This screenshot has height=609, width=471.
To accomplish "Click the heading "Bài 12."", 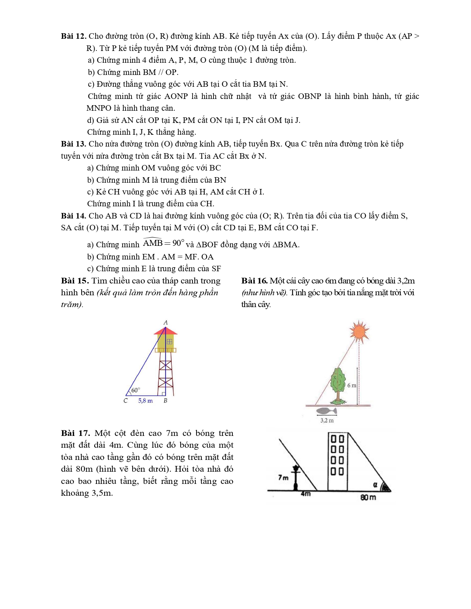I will pos(74,36).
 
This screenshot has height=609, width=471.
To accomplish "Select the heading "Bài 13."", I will pos(74,144).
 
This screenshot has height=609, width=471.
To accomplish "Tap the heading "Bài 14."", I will pos(74,216).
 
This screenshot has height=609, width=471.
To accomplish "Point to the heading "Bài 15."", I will pos(75,281).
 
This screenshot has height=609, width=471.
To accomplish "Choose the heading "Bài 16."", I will pos(254,281).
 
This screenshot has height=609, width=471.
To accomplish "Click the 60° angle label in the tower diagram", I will pos(136,390).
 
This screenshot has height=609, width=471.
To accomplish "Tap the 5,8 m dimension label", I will pos(145,401).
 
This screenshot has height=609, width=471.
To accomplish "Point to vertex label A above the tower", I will pos(165,323).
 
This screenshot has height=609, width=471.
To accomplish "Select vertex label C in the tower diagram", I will pos(126,401).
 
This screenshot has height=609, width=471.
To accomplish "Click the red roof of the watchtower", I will pos(165,331).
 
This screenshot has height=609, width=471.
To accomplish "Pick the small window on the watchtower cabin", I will pos(170,342).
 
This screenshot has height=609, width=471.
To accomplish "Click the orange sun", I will pos(359,331).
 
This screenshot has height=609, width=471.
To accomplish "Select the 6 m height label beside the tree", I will pos(351,385).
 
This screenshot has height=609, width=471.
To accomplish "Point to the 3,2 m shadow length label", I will pos(327,420).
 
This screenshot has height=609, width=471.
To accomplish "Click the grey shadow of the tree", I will pos(327,411).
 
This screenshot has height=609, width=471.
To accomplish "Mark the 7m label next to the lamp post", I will pos(283,478).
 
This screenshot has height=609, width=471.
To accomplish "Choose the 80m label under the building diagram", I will pos(368,498).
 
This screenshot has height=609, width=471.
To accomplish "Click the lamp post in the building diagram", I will pos(296,478).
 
